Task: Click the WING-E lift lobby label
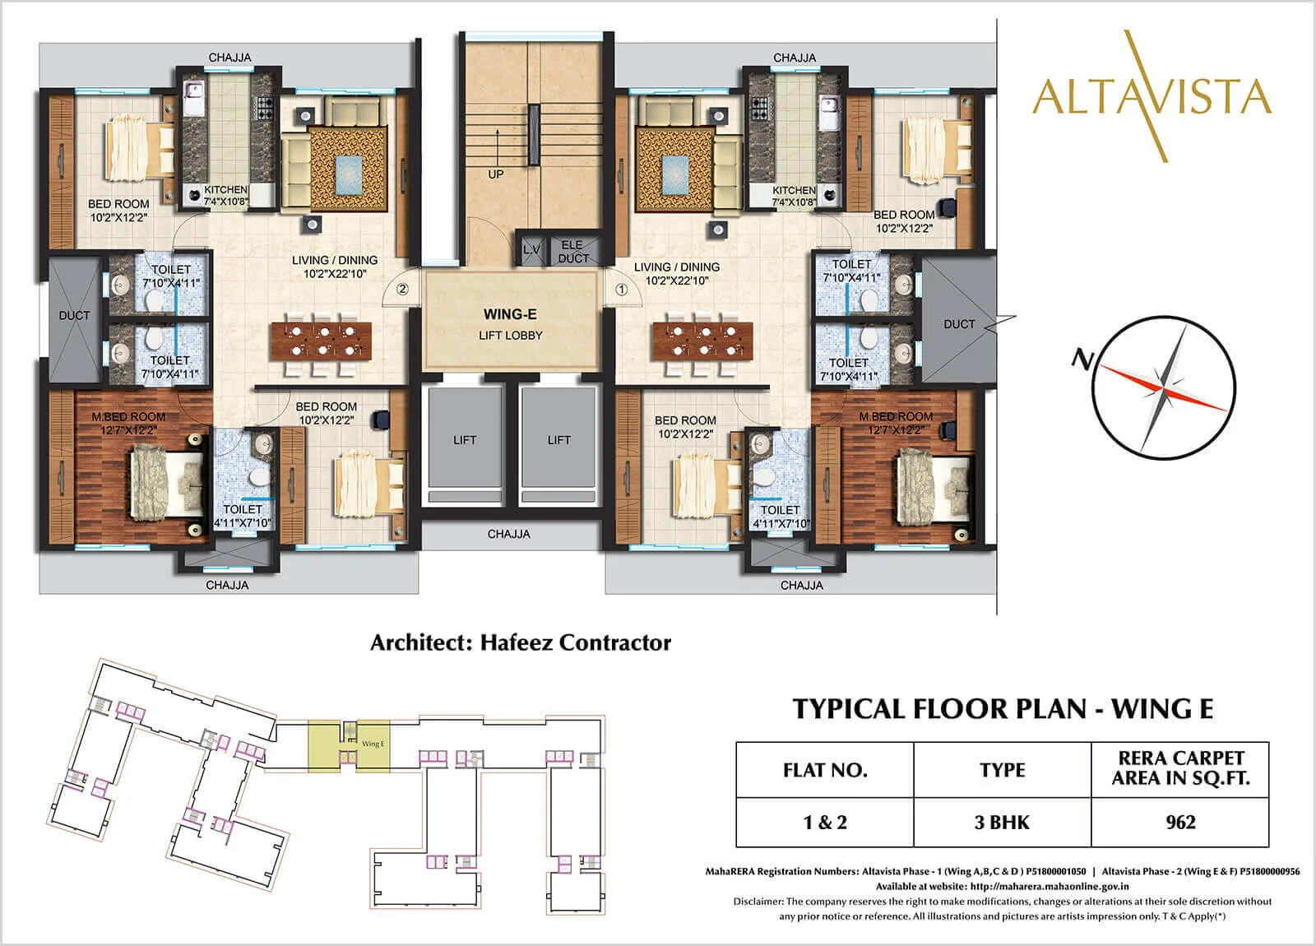pos(511,323)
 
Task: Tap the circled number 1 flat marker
pos(622,290)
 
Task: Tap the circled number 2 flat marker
pos(402,290)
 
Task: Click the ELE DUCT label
pos(572,252)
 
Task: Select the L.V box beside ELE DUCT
pos(531,250)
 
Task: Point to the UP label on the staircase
pos(496,174)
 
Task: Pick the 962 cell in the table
pos(1180,822)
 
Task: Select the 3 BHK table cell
pos(1002,822)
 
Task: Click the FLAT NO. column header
pos(824,770)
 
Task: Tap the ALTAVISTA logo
pos(1151,96)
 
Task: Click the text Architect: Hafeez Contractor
pos(521,642)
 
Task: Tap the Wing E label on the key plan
pos(373,744)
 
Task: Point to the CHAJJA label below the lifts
pos(508,534)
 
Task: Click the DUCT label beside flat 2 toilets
pos(74,315)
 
